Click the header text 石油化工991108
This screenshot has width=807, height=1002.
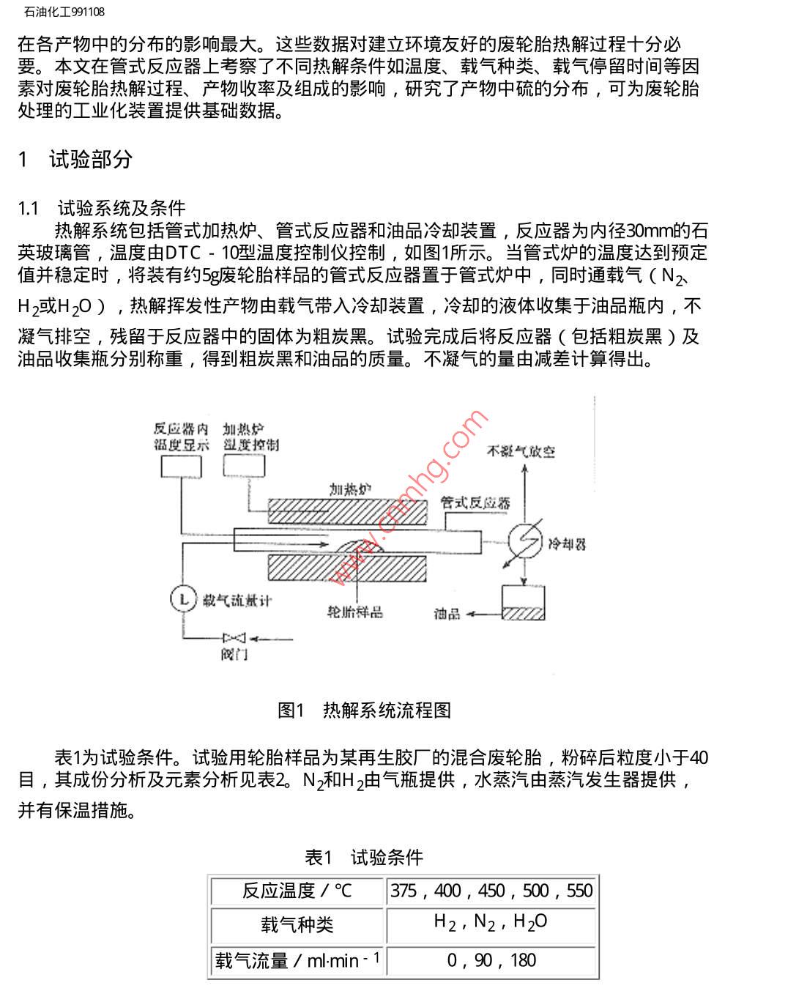[64, 12]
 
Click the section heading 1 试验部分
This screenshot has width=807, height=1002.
[75, 159]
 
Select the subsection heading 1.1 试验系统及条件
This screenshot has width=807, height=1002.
[102, 208]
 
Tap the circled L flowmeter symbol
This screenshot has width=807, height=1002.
[183, 600]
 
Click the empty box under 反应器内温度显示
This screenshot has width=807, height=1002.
[181, 467]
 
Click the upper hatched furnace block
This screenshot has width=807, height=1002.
[348, 511]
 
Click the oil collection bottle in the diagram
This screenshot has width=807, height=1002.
[523, 602]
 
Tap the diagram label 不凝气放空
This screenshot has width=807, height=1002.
[521, 451]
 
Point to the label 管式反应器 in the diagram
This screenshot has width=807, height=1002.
[475, 502]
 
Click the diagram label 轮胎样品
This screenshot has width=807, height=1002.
[355, 612]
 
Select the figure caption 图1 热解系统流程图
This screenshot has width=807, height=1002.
[364, 710]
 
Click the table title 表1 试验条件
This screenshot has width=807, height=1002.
[364, 857]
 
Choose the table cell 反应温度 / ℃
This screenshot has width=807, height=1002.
[297, 891]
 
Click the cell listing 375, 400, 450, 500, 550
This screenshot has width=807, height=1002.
[491, 891]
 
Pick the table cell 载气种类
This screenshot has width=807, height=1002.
[297, 924]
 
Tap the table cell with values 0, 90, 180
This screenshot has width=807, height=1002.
[491, 960]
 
